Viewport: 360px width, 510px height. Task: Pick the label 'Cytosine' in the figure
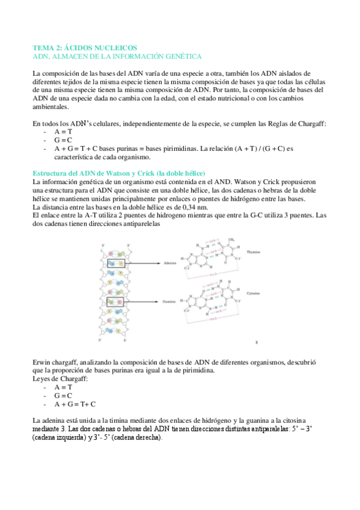[252, 294]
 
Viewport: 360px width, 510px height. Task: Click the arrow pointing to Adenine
[144, 263]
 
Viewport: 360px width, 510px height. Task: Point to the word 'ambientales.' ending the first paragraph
[51, 108]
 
